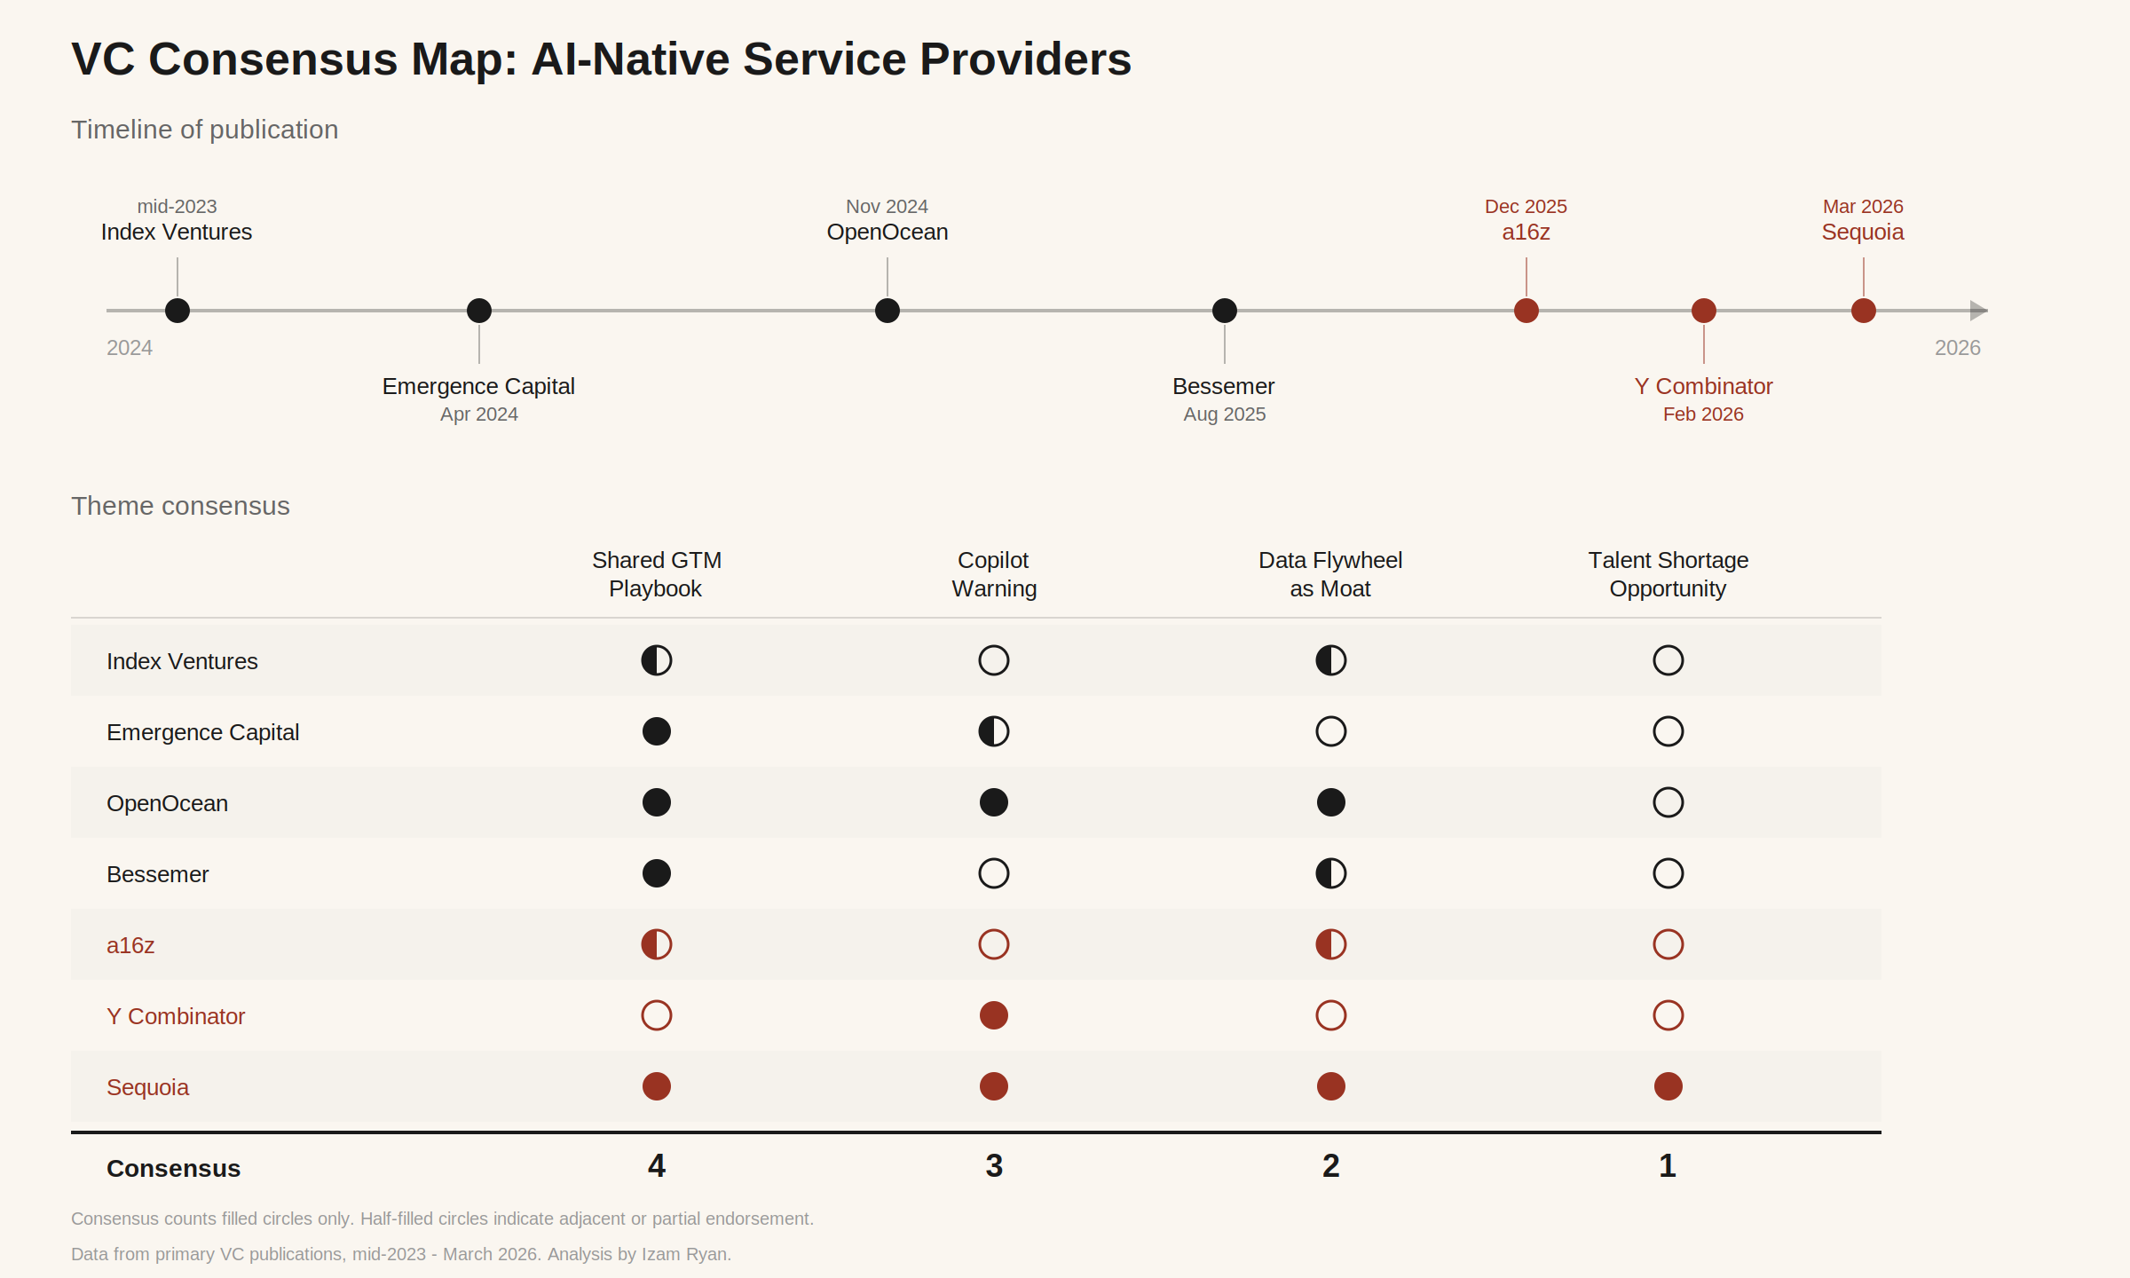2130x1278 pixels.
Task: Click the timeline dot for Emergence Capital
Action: [479, 311]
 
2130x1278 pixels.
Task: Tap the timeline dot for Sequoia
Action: [1864, 311]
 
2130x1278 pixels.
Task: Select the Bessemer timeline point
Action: [1225, 311]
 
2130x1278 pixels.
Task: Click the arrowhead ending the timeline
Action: [1979, 311]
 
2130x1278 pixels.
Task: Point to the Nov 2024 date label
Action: [887, 207]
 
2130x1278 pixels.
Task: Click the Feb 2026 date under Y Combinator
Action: [1703, 414]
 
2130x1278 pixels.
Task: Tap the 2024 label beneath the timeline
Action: [130, 348]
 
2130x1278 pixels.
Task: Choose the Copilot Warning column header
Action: [994, 574]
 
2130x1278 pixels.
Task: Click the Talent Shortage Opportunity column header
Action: [1668, 574]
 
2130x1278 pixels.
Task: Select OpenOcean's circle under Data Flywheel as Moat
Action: [1331, 802]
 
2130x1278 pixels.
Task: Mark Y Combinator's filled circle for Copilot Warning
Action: [994, 1015]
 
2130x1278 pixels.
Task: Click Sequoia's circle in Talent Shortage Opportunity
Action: [1668, 1086]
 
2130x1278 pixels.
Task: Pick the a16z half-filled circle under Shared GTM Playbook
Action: [657, 944]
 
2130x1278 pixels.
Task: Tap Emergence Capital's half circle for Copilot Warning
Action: [994, 731]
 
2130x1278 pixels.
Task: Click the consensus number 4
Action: [657, 1166]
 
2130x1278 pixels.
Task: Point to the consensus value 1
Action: [1668, 1166]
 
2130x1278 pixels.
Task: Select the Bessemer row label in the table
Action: [158, 874]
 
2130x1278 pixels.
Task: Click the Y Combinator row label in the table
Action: [176, 1016]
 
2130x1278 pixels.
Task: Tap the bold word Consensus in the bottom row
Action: [174, 1169]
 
